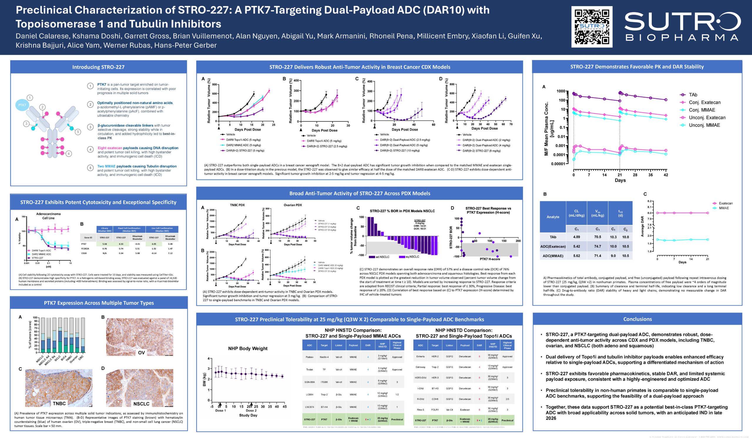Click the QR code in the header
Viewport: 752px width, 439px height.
(592, 27)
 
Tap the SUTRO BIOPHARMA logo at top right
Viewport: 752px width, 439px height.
(682, 27)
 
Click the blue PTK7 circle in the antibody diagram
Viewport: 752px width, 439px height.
(22, 105)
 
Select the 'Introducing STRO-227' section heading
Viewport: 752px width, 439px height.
(98, 67)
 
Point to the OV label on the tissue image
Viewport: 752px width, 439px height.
(142, 353)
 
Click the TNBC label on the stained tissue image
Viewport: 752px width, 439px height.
(59, 403)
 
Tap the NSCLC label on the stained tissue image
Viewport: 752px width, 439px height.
(141, 404)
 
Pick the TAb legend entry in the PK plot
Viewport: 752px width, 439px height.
(693, 95)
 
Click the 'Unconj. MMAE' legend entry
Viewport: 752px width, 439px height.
(704, 125)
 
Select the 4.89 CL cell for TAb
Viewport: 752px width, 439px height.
(576, 237)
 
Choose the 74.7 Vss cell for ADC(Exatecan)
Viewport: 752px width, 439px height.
(597, 246)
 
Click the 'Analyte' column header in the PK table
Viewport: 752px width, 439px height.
(553, 217)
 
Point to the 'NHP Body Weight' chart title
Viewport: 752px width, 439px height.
(248, 348)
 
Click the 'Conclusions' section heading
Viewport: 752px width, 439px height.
(637, 319)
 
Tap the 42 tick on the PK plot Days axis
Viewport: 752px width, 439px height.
(666, 175)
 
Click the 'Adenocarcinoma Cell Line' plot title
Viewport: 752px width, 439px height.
(48, 216)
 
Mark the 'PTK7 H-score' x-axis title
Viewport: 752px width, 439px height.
(490, 259)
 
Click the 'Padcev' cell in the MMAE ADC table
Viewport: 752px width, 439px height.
(309, 357)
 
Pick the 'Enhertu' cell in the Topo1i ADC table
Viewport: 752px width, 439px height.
(420, 356)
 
